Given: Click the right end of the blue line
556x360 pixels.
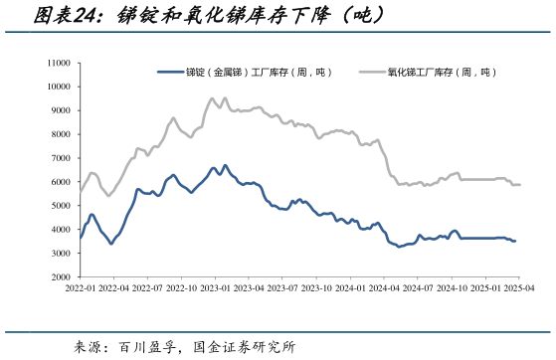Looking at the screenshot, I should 515,241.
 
